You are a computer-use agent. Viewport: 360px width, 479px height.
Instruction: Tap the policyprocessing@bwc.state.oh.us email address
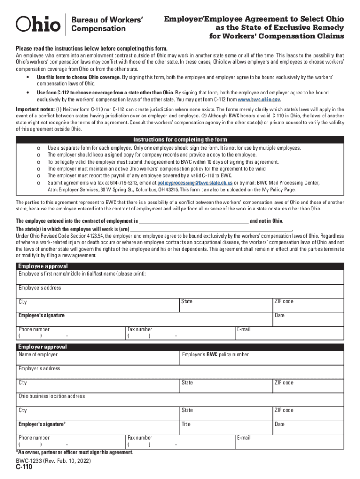[x=195, y=183]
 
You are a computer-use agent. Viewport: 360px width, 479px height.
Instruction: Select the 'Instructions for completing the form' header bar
[x=180, y=140]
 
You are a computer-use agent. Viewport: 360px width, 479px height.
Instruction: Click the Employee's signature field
[x=140, y=319]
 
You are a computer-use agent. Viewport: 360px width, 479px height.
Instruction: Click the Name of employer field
[x=98, y=358]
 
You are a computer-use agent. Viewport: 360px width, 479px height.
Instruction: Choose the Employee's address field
[x=180, y=291]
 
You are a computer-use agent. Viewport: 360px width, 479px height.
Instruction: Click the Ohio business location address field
[x=180, y=399]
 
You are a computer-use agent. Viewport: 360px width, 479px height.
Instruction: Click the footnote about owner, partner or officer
[x=75, y=452]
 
